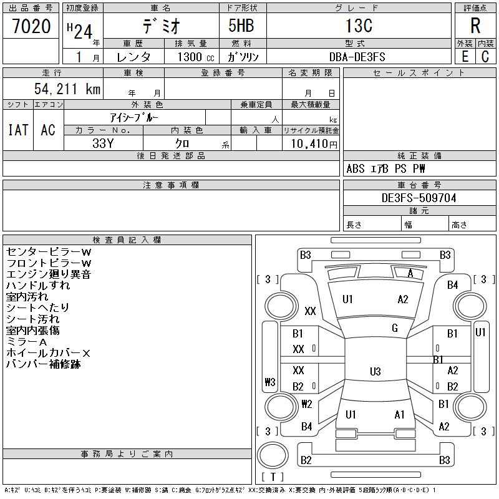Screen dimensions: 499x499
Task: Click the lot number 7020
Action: click(31, 27)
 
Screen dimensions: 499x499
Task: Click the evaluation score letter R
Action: click(475, 27)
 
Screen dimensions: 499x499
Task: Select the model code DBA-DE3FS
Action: click(357, 57)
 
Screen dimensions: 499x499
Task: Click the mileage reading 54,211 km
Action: click(67, 90)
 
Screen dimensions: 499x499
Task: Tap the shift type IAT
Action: click(18, 130)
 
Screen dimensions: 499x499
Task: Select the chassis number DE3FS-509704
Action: click(419, 198)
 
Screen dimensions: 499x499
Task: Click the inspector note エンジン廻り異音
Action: click(49, 274)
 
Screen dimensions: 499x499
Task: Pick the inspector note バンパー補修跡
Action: click(44, 364)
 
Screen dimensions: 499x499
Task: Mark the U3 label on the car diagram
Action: click(375, 372)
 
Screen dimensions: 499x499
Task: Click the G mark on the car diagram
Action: click(394, 328)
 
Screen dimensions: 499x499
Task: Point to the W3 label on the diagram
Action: click(270, 382)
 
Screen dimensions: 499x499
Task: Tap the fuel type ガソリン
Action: click(247, 57)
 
